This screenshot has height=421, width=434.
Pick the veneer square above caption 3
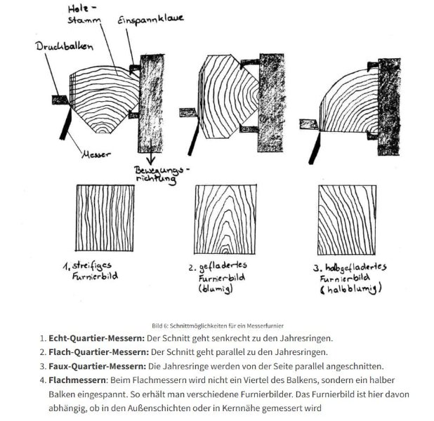346,220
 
